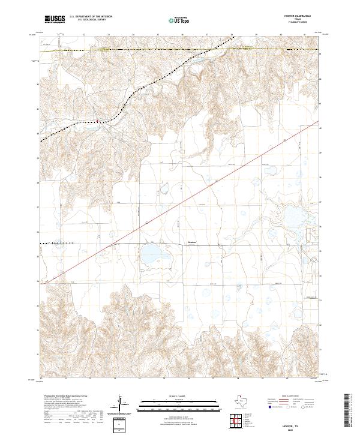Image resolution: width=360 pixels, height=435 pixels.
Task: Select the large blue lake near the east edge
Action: [294, 217]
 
